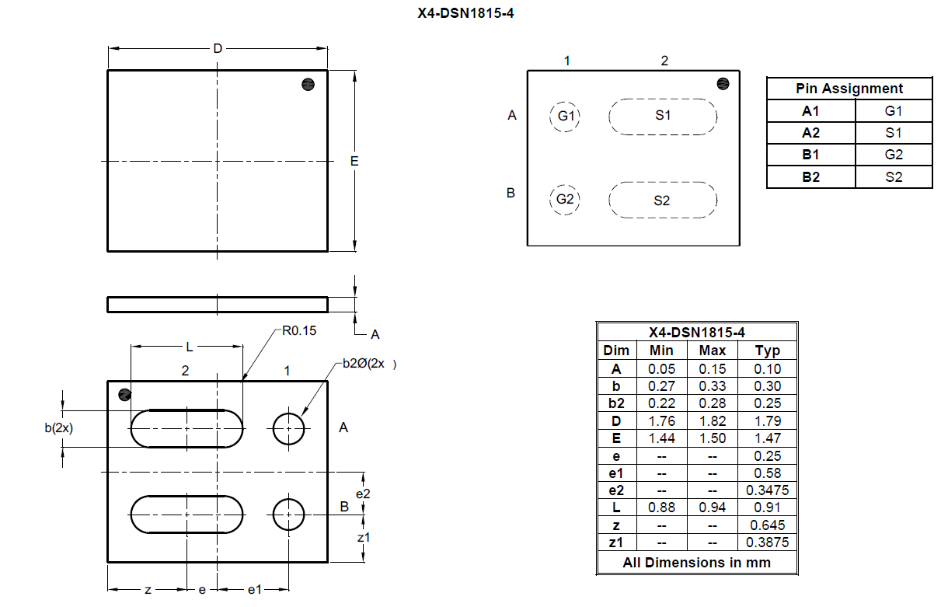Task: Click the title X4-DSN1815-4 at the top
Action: tap(465, 13)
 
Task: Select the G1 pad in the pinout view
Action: tap(566, 116)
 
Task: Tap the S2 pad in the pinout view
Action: tap(662, 201)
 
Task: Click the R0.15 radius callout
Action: tap(299, 331)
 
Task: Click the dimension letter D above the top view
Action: tap(218, 49)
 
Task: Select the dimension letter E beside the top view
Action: tap(354, 162)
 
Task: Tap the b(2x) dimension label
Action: tap(58, 428)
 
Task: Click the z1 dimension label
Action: tap(363, 537)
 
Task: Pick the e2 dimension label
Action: tap(363, 494)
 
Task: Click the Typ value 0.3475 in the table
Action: tap(767, 490)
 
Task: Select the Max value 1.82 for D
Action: tap(712, 421)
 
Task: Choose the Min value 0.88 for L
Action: tap(661, 508)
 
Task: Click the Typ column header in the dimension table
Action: tap(767, 351)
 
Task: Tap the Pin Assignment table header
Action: tap(849, 89)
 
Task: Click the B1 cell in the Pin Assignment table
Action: tap(810, 155)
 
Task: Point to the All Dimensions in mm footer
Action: tap(696, 563)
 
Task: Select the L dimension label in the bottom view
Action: tap(189, 347)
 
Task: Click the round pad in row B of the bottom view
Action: tap(289, 514)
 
